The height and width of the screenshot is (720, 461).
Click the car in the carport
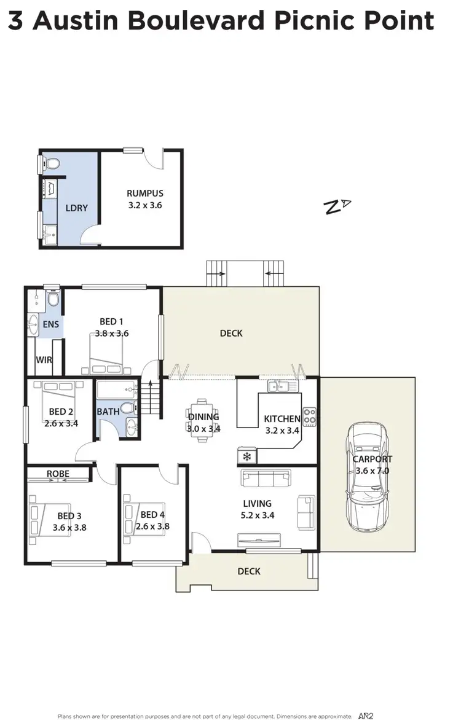[x=368, y=477]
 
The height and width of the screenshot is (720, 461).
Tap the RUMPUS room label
[x=145, y=194]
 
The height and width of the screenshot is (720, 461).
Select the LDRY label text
[x=77, y=208]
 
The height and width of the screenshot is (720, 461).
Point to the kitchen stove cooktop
[x=309, y=417]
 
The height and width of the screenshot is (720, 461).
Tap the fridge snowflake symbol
[x=247, y=456]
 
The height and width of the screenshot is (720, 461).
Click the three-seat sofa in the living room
[x=266, y=477]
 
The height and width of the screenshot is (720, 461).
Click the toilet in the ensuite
[x=53, y=299]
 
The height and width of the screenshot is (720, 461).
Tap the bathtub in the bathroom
[x=116, y=389]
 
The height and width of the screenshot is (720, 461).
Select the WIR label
[x=44, y=360]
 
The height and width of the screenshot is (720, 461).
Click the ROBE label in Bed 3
[x=58, y=474]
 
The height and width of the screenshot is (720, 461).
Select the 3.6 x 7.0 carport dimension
[x=372, y=471]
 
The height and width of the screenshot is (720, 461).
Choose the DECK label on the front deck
[x=249, y=571]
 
